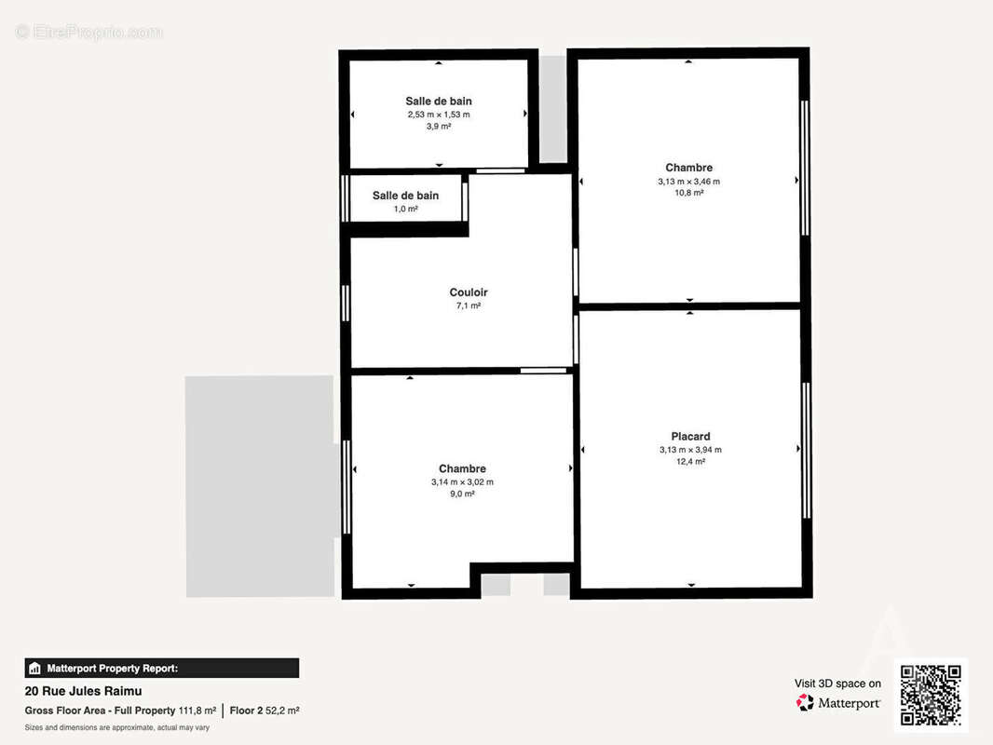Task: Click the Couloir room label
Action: coord(469,292)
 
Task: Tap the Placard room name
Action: coord(690,436)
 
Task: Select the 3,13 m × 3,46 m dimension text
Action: coord(688,181)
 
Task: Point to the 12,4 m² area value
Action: coord(690,461)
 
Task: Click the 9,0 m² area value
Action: coord(462,494)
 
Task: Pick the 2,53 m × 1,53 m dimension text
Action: coord(439,115)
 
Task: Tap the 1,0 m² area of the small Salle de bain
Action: coord(406,209)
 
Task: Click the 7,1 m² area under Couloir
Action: coord(469,305)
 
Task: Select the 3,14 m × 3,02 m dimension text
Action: coord(462,481)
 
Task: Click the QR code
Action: coord(931,695)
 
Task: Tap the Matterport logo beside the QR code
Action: coord(837,702)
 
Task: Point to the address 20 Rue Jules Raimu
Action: coord(83,691)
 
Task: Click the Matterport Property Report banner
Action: coord(161,668)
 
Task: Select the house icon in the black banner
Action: coord(34,668)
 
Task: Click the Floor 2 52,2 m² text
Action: coord(264,711)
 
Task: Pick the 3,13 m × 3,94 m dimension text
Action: coord(690,450)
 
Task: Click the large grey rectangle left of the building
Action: coord(260,486)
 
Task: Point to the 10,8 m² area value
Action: coord(689,193)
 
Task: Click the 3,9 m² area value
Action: coord(439,127)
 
